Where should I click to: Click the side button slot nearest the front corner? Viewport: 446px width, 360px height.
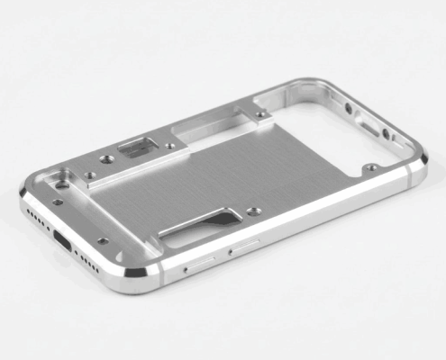[x=199, y=262]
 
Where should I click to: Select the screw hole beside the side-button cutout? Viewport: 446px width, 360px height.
[x=255, y=211]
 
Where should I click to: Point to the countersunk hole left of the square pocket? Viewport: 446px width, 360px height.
[x=107, y=157]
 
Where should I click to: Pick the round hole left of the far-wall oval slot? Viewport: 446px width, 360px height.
[x=349, y=109]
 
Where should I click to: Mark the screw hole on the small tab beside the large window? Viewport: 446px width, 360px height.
[x=260, y=115]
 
